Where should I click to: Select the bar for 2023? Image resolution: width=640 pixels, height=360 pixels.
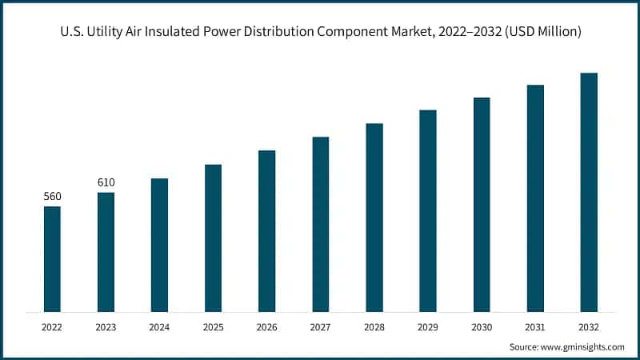[106, 251]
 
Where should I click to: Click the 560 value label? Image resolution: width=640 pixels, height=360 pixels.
[52, 197]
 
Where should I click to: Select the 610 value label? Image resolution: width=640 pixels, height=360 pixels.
[106, 182]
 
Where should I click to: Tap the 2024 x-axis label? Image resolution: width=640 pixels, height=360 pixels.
[159, 327]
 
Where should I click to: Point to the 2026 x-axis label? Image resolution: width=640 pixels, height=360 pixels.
[266, 327]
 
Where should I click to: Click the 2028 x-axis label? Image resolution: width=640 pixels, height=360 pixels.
[374, 327]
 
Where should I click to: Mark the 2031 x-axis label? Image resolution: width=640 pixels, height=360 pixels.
[535, 327]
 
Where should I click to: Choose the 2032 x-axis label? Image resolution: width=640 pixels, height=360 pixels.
[589, 327]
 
